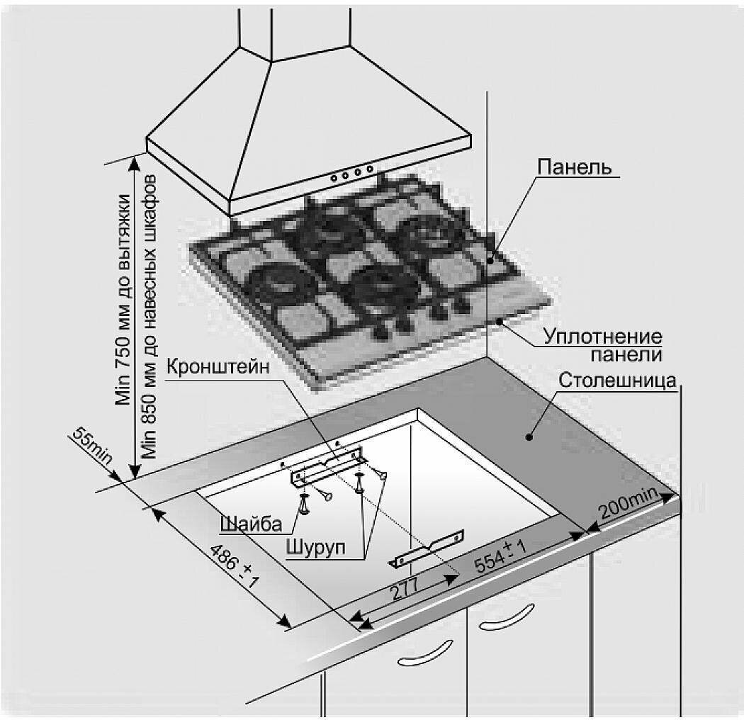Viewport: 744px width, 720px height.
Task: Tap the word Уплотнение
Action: (602, 337)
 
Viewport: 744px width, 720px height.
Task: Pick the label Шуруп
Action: (315, 546)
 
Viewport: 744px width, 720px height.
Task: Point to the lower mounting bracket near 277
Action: (428, 549)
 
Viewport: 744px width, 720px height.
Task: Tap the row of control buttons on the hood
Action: (350, 172)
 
